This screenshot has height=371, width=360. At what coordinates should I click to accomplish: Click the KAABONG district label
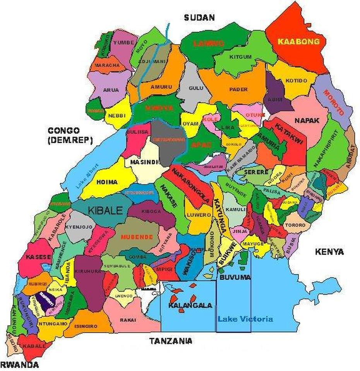pyautogui.click(x=299, y=41)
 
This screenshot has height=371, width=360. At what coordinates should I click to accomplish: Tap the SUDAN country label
pyautogui.click(x=199, y=17)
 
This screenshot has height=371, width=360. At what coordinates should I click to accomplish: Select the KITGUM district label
pyautogui.click(x=240, y=57)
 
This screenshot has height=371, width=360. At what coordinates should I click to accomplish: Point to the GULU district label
pyautogui.click(x=196, y=88)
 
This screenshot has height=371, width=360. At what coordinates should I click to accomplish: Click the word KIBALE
pyautogui.click(x=105, y=210)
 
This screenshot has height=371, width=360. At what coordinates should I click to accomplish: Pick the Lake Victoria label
pyautogui.click(x=245, y=319)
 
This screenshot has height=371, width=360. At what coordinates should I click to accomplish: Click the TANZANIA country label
pyautogui.click(x=171, y=341)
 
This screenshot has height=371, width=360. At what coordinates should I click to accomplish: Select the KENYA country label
pyautogui.click(x=329, y=252)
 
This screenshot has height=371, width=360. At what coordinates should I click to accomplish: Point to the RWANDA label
pyautogui.click(x=19, y=364)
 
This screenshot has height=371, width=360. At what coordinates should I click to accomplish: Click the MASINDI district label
pyautogui.click(x=142, y=162)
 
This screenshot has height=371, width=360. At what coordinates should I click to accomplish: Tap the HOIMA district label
pyautogui.click(x=107, y=181)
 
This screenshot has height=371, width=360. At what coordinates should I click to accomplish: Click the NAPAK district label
pyautogui.click(x=307, y=121)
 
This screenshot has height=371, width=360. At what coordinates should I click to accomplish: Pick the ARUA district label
pyautogui.click(x=111, y=90)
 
